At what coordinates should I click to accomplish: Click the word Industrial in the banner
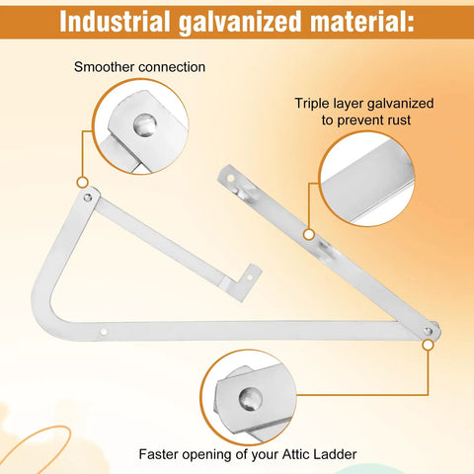pos(115,22)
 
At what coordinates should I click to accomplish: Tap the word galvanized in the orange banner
pos(240,23)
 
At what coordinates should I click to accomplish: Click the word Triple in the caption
pos(312,104)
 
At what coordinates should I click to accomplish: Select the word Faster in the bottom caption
pos(159,454)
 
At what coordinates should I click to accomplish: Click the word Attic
pos(294,454)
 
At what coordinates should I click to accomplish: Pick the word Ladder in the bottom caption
pos(334,454)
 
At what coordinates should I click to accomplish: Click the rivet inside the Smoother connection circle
pos(145,124)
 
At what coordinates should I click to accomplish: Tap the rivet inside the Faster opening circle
pos(251,399)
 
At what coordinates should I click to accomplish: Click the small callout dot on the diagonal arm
pos(308,235)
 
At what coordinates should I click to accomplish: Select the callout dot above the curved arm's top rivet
pos(82,182)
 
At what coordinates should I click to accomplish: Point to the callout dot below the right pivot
pos(428,345)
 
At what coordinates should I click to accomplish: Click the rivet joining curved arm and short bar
pos(88,197)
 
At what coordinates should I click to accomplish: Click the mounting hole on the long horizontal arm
pos(104,332)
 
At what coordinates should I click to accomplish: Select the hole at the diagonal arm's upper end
pos(231,179)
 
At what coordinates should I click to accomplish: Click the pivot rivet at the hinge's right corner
pos(428,331)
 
